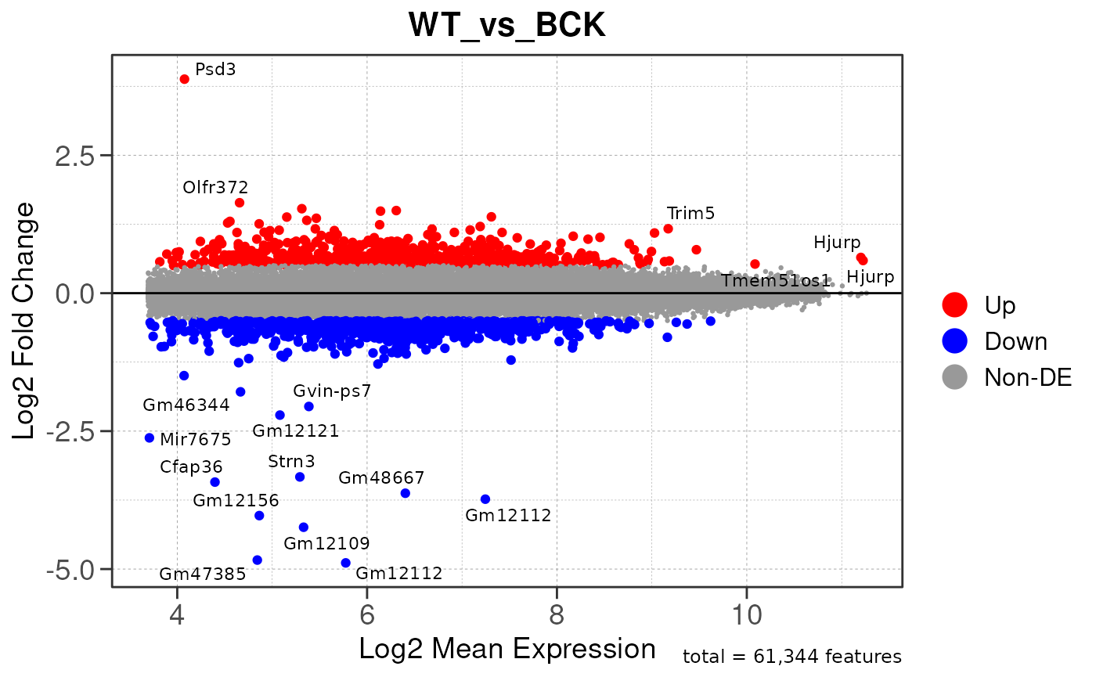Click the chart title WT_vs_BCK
tap(507, 26)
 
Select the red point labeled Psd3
tap(184, 79)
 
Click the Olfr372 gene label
tap(215, 188)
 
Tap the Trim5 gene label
tap(690, 213)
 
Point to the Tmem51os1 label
tap(775, 281)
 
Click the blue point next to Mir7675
tap(150, 438)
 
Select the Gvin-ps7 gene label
tap(332, 391)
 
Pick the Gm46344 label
tap(186, 405)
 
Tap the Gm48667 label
tap(381, 477)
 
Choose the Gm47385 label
tap(203, 574)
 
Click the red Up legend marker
tap(956, 304)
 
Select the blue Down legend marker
tap(956, 341)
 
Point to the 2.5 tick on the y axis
tap(74, 156)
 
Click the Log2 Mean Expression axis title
tap(507, 649)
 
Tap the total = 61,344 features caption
tap(792, 657)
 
